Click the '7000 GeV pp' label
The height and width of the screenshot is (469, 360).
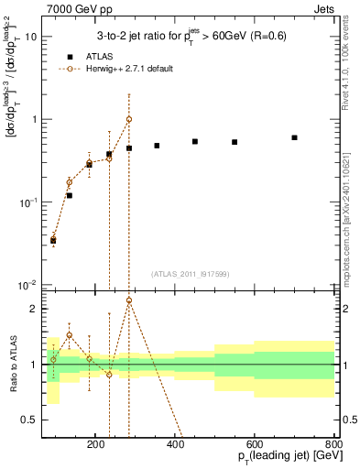(75, 8)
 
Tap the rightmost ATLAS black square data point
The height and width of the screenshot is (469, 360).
(294, 137)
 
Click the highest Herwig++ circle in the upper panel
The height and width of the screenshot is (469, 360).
(129, 119)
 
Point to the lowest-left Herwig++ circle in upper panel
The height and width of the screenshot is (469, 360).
(53, 239)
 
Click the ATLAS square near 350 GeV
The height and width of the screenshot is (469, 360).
(157, 146)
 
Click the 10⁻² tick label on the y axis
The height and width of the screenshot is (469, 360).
(28, 285)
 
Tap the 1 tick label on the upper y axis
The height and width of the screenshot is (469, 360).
(34, 119)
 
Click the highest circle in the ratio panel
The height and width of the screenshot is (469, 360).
(129, 300)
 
